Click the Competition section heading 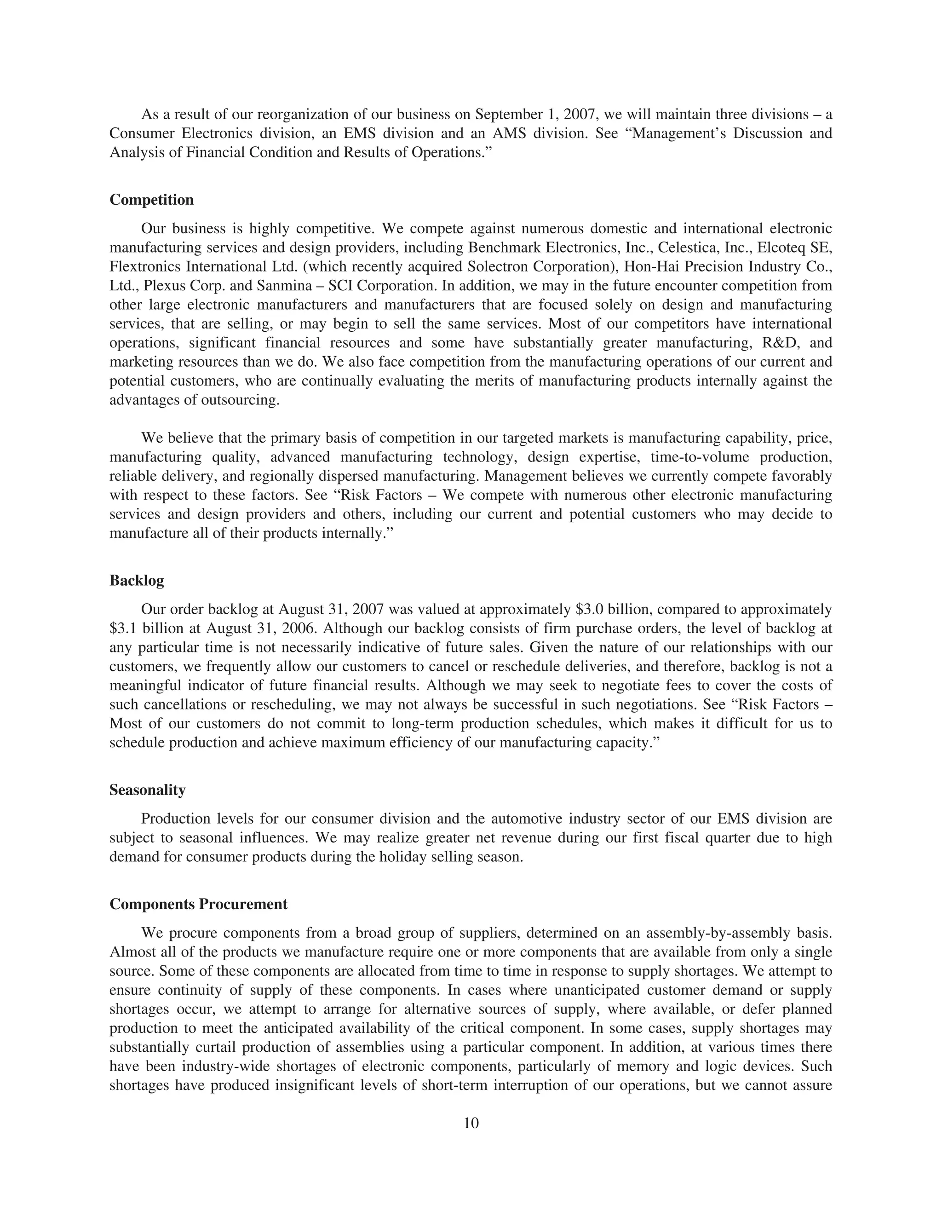pyautogui.click(x=151, y=200)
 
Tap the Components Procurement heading pyautogui.click(x=199, y=905)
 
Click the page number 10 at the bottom pyautogui.click(x=471, y=1123)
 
